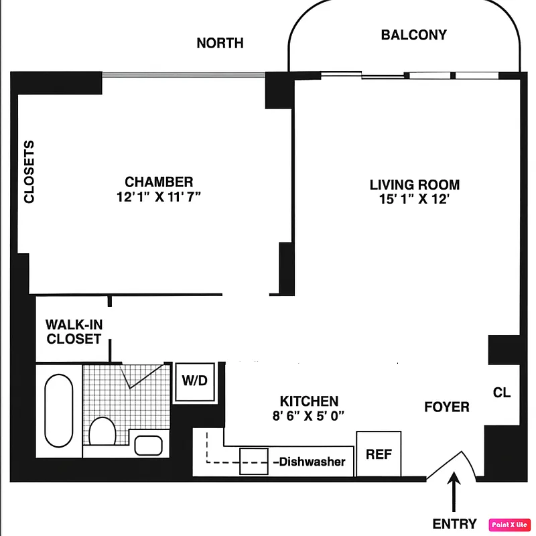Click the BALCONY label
tap(413, 35)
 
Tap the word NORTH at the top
tap(220, 44)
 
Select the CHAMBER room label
tap(159, 182)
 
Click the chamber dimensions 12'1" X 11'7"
tap(159, 196)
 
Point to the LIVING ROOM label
tap(415, 185)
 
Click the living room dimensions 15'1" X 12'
tap(415, 200)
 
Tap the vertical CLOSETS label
tap(29, 172)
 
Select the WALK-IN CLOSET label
tap(73, 332)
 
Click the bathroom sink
tap(148, 444)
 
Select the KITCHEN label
tap(309, 401)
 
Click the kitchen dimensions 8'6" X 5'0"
tap(309, 415)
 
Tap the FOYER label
tap(446, 407)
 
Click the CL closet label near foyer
tap(501, 393)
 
